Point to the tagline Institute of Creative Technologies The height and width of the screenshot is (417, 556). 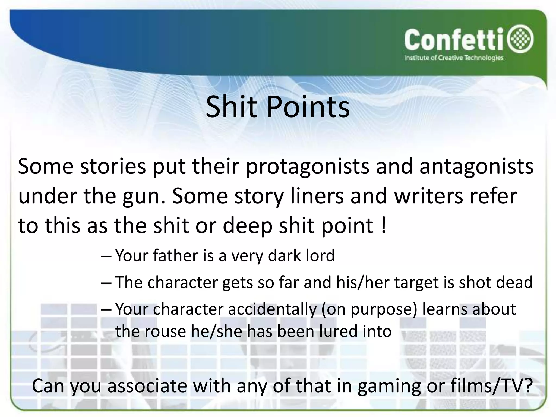[x=454, y=58]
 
